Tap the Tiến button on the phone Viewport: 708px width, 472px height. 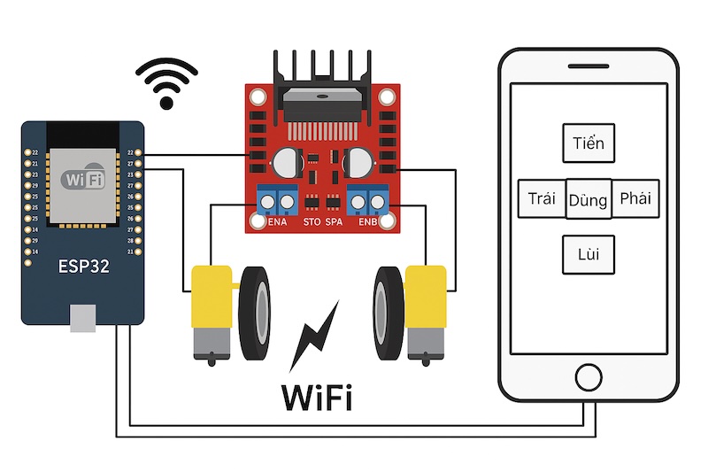click(589, 143)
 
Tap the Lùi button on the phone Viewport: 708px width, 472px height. click(589, 255)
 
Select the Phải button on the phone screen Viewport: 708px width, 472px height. click(635, 198)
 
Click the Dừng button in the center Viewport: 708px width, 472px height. click(589, 200)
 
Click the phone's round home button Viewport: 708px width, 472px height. click(588, 375)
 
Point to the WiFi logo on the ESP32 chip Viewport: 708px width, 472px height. click(82, 180)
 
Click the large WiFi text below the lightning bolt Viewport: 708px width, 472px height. click(317, 397)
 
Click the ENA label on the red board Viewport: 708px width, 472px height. click(278, 222)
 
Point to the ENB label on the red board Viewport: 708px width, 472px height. click(368, 222)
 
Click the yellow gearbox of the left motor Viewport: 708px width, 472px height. click(212, 308)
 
